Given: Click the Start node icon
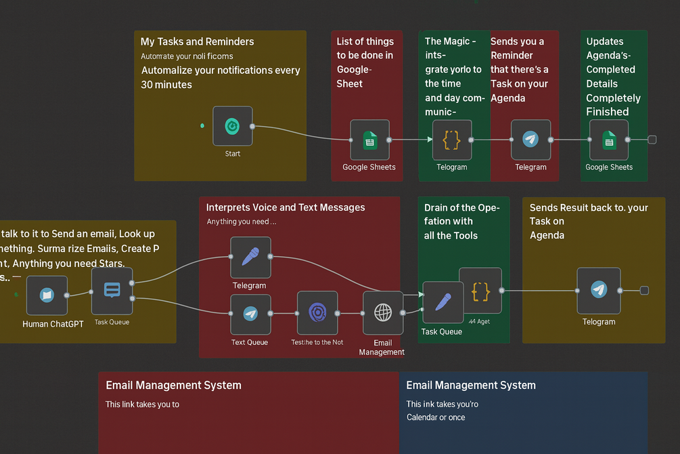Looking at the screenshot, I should [232, 126].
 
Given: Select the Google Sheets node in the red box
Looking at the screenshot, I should [369, 140].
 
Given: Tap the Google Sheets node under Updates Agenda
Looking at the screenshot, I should [609, 140].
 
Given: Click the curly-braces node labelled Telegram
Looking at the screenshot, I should [451, 140].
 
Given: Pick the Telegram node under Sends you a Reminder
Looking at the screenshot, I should [530, 140].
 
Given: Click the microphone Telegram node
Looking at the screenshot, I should [250, 257].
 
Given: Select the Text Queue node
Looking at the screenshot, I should [250, 314].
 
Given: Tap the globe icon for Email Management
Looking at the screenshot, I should [383, 312].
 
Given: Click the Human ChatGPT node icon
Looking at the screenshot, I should [47, 295].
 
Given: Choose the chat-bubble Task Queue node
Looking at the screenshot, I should [112, 291].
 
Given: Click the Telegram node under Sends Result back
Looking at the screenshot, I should [598, 291].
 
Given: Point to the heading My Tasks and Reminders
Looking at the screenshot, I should [197, 41].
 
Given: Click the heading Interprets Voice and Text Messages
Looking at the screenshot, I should [285, 207].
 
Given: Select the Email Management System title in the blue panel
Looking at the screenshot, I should [470, 385].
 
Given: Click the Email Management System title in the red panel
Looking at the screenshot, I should [173, 385].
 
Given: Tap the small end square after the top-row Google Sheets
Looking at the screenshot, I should [652, 140].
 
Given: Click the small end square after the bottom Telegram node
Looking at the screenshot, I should [644, 291].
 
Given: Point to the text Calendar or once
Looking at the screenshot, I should [435, 417].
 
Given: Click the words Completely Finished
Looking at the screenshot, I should [612, 105].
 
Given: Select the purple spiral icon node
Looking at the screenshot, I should [317, 312].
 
